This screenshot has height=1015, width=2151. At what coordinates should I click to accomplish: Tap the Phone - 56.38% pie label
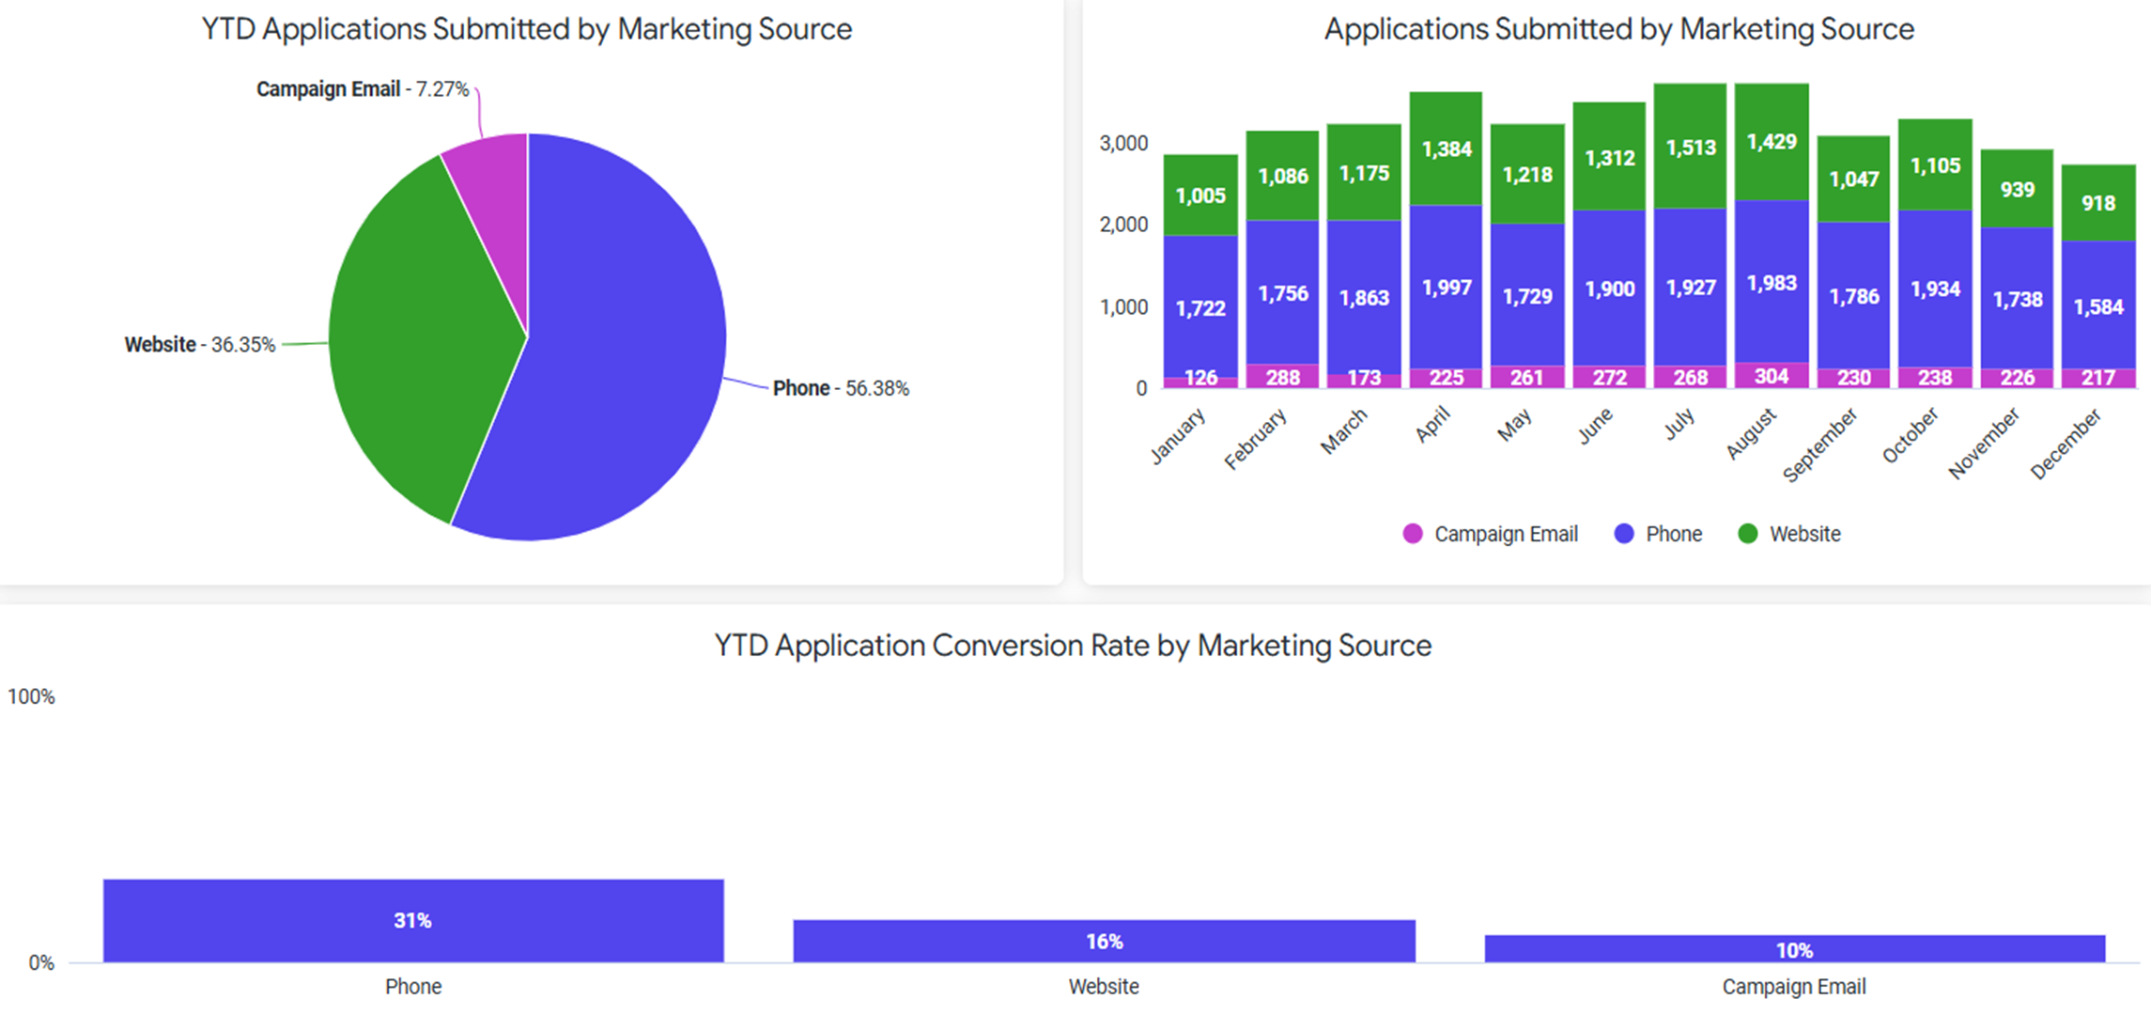tap(841, 388)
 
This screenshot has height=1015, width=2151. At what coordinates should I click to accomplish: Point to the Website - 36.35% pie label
tap(200, 345)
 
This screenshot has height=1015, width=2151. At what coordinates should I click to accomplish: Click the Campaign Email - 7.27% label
tap(363, 89)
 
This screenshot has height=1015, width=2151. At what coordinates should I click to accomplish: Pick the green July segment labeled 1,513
tap(1690, 148)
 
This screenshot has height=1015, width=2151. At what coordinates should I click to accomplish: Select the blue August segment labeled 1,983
tap(1772, 283)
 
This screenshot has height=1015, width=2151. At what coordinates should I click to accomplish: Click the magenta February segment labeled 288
tap(1282, 377)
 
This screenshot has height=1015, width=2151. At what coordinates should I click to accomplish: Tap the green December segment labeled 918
tap(2098, 203)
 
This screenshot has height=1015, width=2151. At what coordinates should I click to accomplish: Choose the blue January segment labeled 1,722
tap(1200, 307)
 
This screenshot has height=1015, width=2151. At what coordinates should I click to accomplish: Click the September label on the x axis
tap(1820, 445)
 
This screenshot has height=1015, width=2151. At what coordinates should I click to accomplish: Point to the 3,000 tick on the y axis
tap(1123, 144)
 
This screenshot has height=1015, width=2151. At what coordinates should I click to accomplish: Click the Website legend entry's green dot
tap(1747, 534)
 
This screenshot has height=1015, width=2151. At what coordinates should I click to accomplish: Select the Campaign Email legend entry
tap(1491, 534)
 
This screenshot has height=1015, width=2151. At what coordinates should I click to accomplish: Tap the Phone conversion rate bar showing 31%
tap(413, 921)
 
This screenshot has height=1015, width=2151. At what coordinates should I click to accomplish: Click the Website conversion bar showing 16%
tap(1104, 941)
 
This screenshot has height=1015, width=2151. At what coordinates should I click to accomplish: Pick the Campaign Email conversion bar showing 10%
tap(1794, 949)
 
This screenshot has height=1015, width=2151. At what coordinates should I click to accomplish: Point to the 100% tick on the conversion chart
tap(31, 696)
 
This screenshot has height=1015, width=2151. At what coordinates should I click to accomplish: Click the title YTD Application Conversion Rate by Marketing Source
tap(1073, 646)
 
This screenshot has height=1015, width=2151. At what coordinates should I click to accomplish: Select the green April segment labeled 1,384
tap(1446, 148)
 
